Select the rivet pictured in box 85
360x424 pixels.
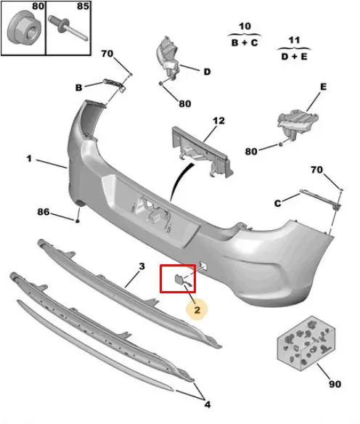pyautogui.click(x=67, y=28)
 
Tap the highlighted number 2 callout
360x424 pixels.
pyautogui.click(x=197, y=309)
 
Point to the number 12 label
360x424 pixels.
pyautogui.click(x=218, y=121)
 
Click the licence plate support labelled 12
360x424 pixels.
pyautogui.click(x=202, y=152)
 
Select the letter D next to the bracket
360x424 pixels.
pyautogui.click(x=207, y=72)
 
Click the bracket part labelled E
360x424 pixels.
pyautogui.click(x=298, y=123)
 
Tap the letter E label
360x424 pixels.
pyautogui.click(x=323, y=87)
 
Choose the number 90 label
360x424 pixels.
pyautogui.click(x=335, y=384)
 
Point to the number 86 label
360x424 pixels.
pyautogui.click(x=44, y=212)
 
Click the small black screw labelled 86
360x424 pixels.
pyautogui.click(x=78, y=221)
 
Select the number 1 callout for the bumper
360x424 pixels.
pyautogui.click(x=29, y=158)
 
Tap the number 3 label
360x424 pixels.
pyautogui.click(x=142, y=266)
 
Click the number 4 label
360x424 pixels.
pyautogui.click(x=208, y=404)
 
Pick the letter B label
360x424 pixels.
pyautogui.click(x=78, y=88)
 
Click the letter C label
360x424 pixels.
pyautogui.click(x=277, y=203)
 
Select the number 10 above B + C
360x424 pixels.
pyautogui.click(x=245, y=26)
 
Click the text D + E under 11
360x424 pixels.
pyautogui.click(x=295, y=57)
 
